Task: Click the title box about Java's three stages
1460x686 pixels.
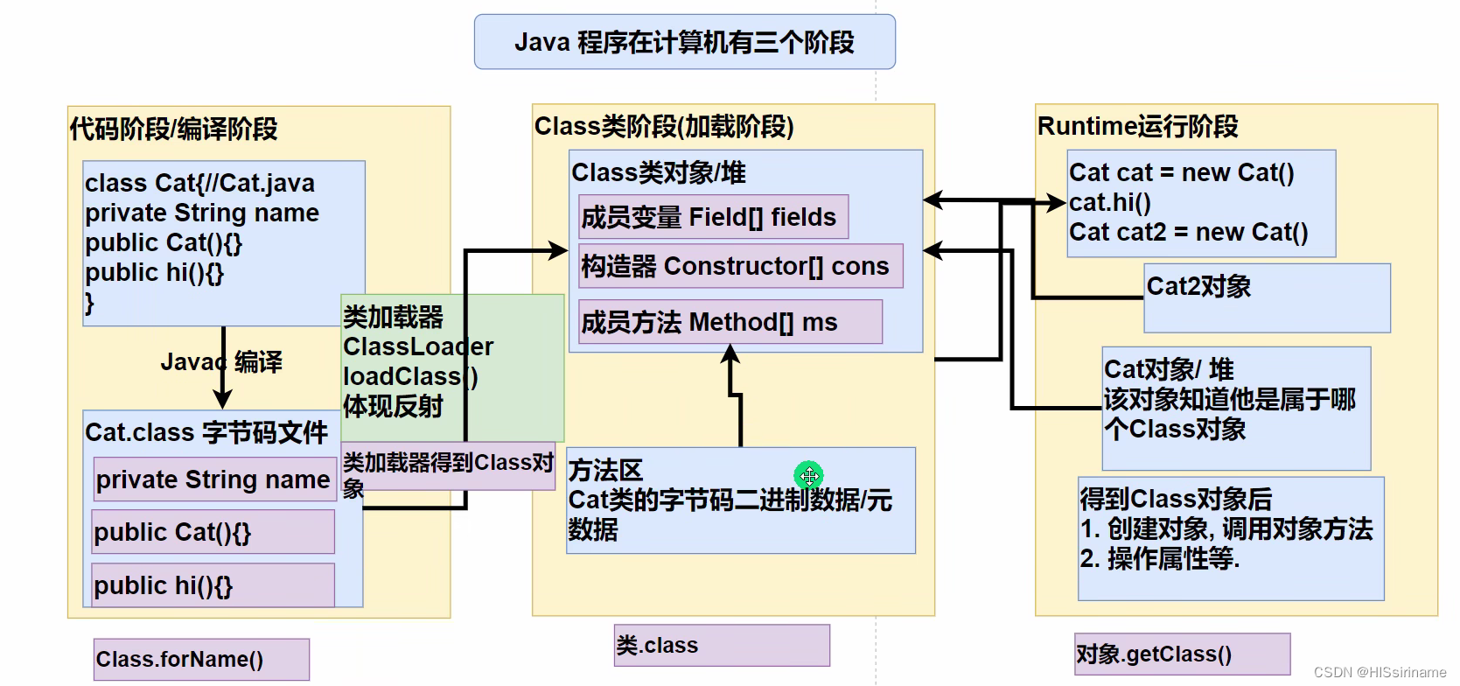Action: [684, 42]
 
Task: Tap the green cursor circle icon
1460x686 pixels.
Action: [809, 476]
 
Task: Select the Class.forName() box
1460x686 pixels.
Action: [201, 659]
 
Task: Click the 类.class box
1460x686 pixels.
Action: [722, 646]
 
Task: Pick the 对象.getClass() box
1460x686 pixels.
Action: [1182, 654]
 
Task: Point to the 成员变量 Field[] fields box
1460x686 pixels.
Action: [713, 217]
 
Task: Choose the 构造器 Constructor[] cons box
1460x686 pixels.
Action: [740, 266]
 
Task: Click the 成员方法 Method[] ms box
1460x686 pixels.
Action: [730, 322]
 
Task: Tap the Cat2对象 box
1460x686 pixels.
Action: [1267, 298]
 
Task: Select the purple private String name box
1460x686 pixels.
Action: [214, 479]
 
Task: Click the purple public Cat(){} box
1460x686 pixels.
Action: [213, 532]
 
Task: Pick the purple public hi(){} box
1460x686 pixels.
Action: [213, 585]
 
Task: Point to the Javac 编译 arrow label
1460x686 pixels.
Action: [220, 361]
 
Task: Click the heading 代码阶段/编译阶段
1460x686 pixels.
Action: [173, 129]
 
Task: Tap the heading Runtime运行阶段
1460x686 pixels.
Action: [1137, 127]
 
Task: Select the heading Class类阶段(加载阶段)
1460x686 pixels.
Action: [664, 127]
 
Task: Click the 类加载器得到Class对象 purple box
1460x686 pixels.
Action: [448, 466]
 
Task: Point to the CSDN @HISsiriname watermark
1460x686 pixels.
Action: [1380, 672]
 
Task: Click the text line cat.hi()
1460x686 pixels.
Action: [1110, 203]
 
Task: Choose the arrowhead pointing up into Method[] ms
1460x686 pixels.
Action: [731, 353]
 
